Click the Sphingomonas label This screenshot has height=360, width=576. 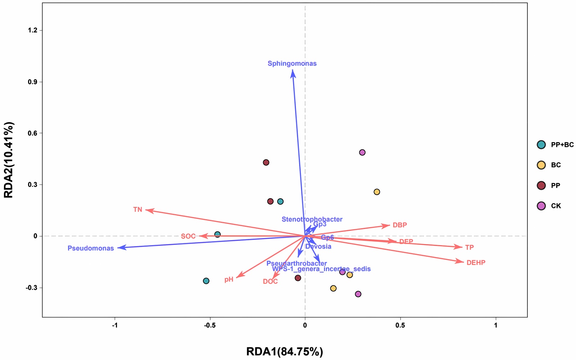292,64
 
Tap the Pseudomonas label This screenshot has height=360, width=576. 91,248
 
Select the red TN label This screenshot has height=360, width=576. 138,210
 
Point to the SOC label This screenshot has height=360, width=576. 188,237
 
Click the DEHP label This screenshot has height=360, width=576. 476,263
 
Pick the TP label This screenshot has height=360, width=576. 469,248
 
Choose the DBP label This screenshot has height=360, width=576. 400,225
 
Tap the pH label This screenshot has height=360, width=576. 229,280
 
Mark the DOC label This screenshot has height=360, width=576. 270,282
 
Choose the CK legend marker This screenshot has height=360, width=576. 541,206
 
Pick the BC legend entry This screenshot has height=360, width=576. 555,165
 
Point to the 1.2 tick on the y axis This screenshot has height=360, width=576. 33,30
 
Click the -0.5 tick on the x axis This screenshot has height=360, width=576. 210,325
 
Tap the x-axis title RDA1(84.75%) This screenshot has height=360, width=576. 284,351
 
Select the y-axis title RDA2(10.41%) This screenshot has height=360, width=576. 9,160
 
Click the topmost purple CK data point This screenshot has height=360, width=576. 362,153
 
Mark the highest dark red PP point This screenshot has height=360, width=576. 266,163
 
